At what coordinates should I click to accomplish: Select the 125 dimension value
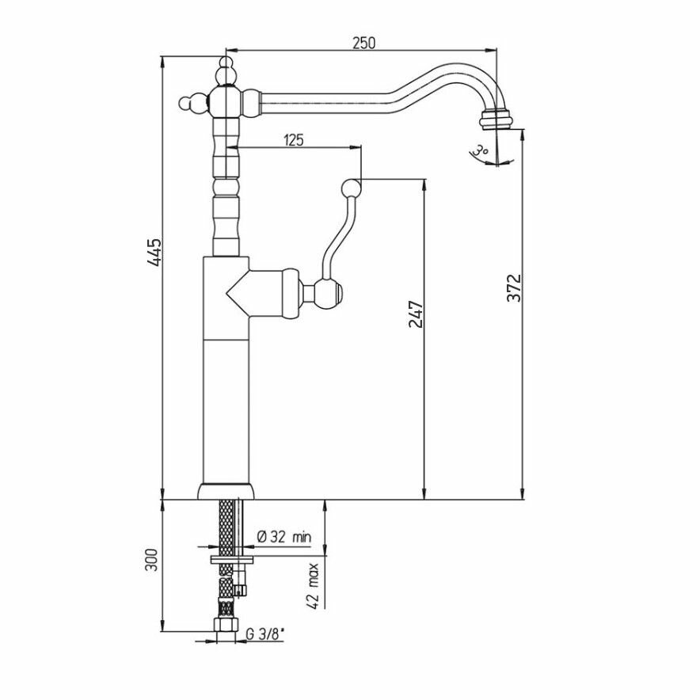294,140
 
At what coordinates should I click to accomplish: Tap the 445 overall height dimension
156,252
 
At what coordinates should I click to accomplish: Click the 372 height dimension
515,290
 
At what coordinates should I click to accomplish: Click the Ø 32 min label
283,538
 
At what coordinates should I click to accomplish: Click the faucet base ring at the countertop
227,491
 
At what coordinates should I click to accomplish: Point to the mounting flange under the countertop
230,559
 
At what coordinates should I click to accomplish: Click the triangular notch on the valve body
235,293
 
